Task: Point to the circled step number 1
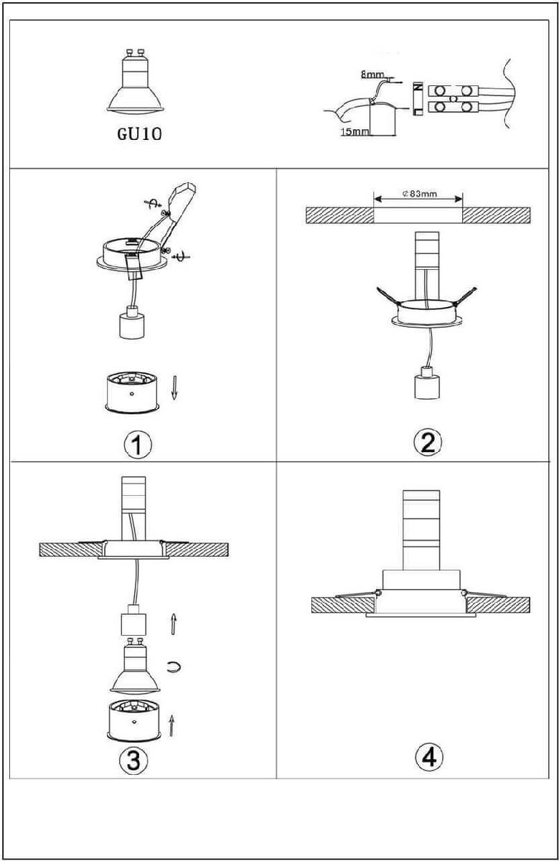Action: tap(137, 445)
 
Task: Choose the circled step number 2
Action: tap(428, 443)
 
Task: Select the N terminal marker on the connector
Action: tap(418, 88)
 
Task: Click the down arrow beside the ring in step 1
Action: tap(174, 388)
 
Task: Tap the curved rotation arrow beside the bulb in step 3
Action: tap(174, 667)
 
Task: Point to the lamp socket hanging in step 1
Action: tap(132, 321)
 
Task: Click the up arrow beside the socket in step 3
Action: tap(174, 624)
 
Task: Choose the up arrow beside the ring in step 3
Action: tap(172, 725)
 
